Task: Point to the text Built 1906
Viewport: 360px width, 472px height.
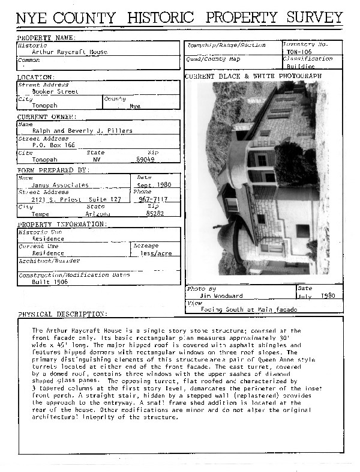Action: pos(50,281)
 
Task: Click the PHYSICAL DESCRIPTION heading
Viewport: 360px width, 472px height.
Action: pos(62,314)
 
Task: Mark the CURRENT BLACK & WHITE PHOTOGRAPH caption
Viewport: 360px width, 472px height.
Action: pos(253,76)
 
